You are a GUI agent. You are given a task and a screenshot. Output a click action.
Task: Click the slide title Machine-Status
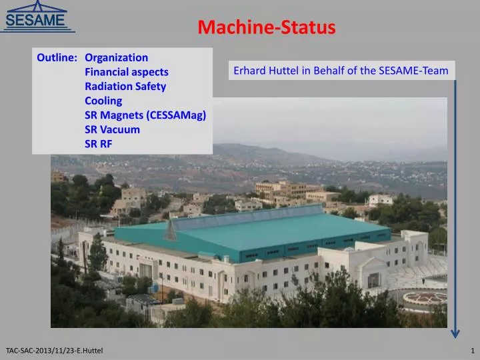[x=266, y=27]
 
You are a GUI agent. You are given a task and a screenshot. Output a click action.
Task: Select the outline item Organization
[x=116, y=57]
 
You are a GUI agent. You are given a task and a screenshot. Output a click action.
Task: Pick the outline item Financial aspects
[x=126, y=72]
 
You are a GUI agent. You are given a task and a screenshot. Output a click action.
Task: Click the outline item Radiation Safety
[x=125, y=86]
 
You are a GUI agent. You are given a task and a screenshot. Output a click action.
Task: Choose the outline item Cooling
[x=103, y=101]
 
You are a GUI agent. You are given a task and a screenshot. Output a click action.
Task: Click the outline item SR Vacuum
[x=112, y=129]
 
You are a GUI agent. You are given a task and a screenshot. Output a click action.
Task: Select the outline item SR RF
[x=98, y=143]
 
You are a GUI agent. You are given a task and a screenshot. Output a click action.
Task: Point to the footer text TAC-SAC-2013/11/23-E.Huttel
[x=54, y=350]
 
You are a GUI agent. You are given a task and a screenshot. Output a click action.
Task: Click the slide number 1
[x=472, y=350]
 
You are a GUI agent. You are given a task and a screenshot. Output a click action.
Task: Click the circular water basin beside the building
[x=424, y=298]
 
